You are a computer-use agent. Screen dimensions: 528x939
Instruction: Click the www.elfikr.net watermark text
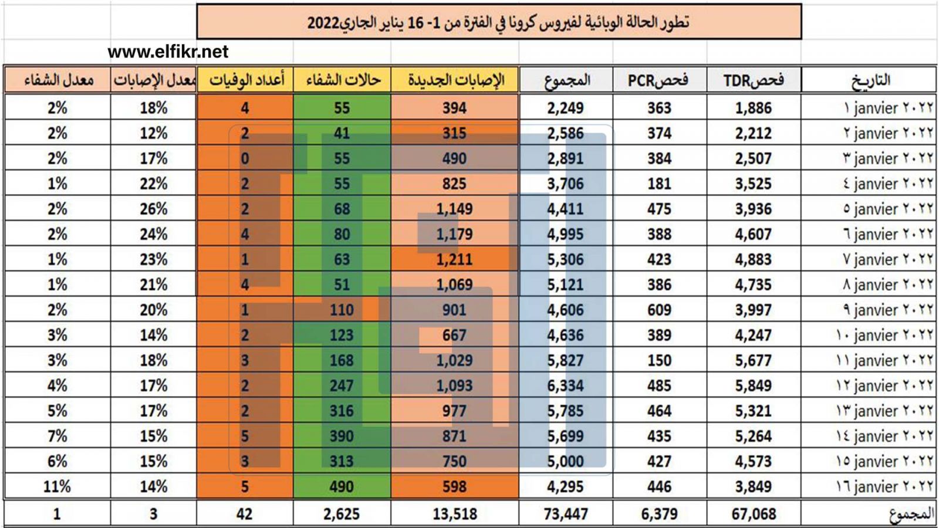click(x=168, y=52)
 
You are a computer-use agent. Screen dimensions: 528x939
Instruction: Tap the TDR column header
click(x=754, y=80)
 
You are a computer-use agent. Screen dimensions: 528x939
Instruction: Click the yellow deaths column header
click(x=246, y=80)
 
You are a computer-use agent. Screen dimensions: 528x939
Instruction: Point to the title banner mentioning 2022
click(x=498, y=22)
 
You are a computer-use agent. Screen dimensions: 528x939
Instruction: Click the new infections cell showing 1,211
click(x=454, y=259)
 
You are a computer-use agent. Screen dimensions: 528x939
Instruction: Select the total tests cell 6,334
click(x=565, y=385)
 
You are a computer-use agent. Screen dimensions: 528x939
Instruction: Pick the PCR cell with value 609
click(x=659, y=310)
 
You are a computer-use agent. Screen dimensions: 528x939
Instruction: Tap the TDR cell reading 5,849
click(x=753, y=385)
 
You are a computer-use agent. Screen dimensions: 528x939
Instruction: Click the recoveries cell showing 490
click(x=342, y=486)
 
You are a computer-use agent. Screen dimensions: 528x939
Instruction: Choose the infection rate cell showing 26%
click(x=153, y=209)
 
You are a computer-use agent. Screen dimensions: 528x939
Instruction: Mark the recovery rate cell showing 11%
click(x=57, y=486)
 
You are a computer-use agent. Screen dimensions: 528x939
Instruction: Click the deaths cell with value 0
click(x=245, y=158)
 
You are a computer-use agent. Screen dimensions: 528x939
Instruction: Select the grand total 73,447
click(x=565, y=515)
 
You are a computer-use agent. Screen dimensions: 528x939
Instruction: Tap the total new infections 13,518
click(x=454, y=515)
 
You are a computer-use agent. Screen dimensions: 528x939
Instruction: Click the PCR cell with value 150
click(x=659, y=360)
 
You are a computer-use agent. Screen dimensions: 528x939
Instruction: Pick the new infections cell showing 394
click(x=454, y=108)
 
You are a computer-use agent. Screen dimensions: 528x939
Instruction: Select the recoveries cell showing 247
click(x=342, y=385)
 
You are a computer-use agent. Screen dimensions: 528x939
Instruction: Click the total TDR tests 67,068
click(x=754, y=515)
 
